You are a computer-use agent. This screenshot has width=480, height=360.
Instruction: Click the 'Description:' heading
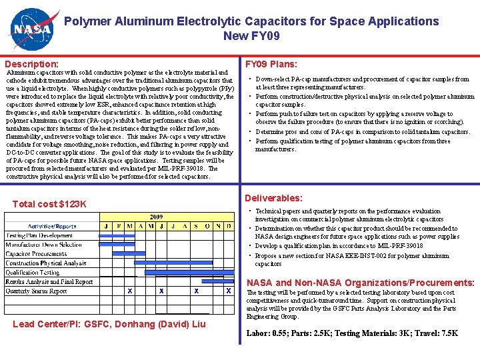click(x=31, y=64)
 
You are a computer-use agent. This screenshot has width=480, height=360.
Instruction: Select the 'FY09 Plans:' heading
click(x=271, y=65)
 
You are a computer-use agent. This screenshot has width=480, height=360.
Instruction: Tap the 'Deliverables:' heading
click(x=273, y=198)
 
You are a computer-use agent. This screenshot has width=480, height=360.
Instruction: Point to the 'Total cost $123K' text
click(x=50, y=203)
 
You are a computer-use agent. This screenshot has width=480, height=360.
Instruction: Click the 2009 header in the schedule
click(x=156, y=217)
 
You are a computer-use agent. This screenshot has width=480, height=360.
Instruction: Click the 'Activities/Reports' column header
click(x=52, y=226)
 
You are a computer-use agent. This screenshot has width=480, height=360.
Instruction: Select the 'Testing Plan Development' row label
click(x=39, y=235)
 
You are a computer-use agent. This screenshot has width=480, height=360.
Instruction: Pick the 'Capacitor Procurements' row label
click(x=37, y=254)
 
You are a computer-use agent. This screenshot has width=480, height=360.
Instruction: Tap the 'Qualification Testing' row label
click(x=33, y=272)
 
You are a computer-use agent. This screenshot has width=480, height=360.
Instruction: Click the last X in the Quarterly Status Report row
click(x=229, y=291)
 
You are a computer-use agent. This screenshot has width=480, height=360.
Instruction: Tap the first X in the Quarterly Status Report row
click(x=129, y=291)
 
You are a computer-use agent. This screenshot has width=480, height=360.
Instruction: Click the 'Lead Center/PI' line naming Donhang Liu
click(x=109, y=325)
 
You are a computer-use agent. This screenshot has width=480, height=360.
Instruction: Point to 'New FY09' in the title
click(x=251, y=36)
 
